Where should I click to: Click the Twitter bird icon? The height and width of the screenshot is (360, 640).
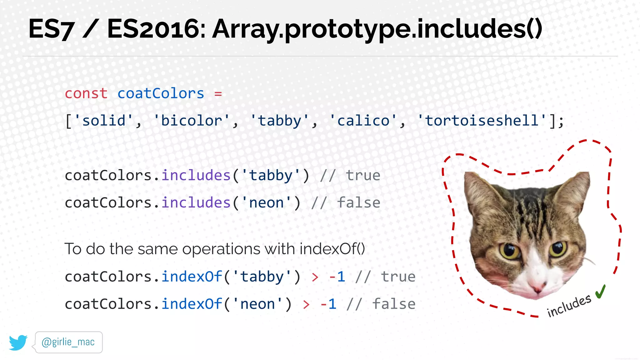tap(18, 342)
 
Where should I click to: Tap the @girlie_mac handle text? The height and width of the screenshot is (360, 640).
tap(68, 342)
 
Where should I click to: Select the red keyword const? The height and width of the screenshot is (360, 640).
tap(86, 93)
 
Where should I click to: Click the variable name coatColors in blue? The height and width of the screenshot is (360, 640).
tap(161, 93)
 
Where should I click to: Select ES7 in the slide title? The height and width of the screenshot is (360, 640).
tap(51, 29)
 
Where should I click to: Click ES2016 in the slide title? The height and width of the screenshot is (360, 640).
tap(156, 29)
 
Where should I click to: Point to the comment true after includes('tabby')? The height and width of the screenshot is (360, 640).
tap(363, 176)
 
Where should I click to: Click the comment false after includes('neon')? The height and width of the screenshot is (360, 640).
tap(358, 203)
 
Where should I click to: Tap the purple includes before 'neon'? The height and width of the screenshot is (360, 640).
tap(196, 203)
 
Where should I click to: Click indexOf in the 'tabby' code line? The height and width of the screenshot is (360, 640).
tap(192, 277)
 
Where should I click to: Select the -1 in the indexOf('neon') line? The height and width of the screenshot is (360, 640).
tap(328, 304)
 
